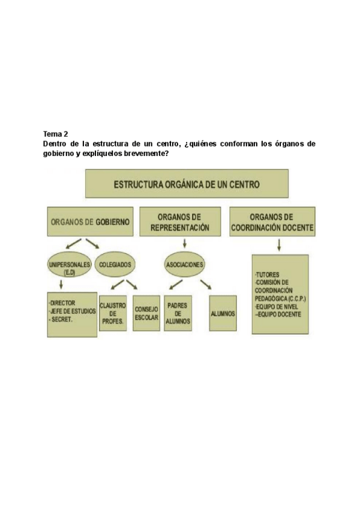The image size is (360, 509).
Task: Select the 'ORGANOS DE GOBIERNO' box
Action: [x=89, y=221]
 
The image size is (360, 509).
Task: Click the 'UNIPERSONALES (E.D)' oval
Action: [x=69, y=267]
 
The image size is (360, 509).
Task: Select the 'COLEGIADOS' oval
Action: [x=115, y=264]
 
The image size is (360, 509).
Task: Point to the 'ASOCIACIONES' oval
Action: [x=185, y=264]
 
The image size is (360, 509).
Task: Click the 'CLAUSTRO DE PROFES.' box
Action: [x=113, y=313]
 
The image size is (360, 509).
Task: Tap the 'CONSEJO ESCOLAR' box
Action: [x=146, y=313]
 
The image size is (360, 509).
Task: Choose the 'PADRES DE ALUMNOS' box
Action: [x=178, y=313]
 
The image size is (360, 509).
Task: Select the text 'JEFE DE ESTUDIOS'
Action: [x=73, y=311]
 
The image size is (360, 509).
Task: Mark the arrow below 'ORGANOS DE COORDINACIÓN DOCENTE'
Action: [x=279, y=245]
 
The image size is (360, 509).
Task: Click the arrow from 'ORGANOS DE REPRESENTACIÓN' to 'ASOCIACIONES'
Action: [x=184, y=244]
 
